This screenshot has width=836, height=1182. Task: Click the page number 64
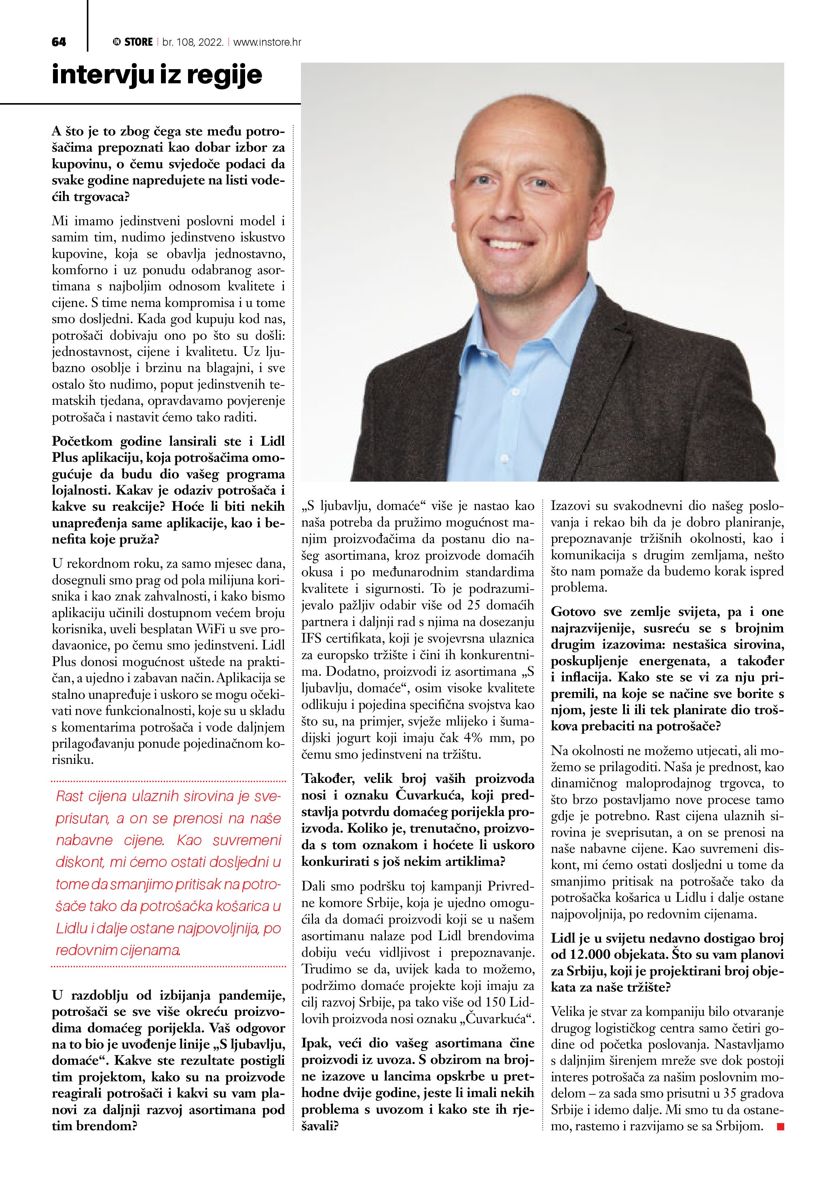59,42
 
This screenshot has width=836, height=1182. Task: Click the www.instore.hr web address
267,42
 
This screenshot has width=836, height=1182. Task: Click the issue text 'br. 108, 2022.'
193,42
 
